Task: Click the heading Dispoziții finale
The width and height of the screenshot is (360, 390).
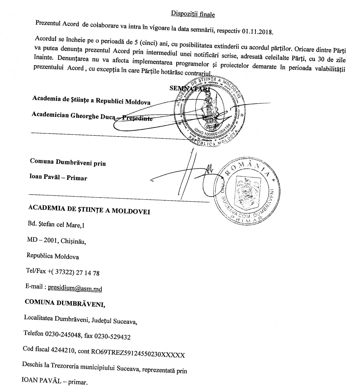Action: [x=192, y=14]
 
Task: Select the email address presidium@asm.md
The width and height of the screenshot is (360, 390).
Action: [x=75, y=288]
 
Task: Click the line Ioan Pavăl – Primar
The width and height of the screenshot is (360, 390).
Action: [x=58, y=177]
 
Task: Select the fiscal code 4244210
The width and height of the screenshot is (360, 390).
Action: [x=63, y=352]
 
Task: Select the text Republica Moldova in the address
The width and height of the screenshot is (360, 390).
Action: [x=53, y=256]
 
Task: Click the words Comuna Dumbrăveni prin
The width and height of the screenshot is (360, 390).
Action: [x=68, y=162]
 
